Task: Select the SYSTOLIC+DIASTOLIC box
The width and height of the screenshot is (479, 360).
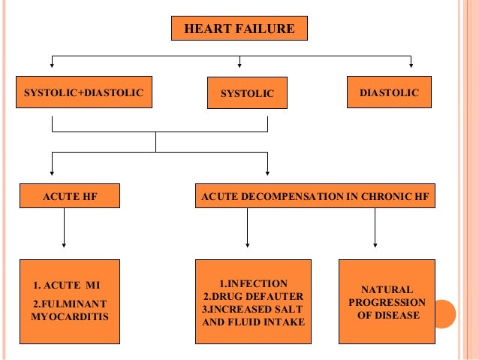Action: pos(83,93)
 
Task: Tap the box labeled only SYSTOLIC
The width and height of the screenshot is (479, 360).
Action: pos(247,94)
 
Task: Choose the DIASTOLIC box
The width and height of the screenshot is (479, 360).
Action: pos(390,92)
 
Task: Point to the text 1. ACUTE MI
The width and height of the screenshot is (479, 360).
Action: pos(67,286)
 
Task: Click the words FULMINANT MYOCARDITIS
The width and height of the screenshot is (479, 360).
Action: pos(70,310)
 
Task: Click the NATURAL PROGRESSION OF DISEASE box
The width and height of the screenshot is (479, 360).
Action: pos(387,301)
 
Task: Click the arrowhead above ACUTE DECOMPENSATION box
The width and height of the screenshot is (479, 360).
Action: pos(267,172)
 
